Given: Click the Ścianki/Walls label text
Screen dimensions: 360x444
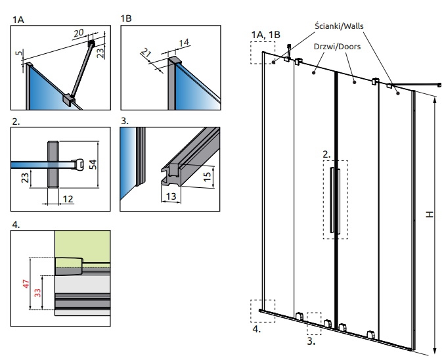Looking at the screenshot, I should pyautogui.click(x=339, y=26).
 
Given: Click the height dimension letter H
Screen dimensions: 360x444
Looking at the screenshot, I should pyautogui.click(x=430, y=214).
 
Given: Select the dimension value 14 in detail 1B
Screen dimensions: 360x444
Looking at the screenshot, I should pyautogui.click(x=184, y=43).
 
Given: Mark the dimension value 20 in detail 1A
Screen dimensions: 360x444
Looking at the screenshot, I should pyautogui.click(x=79, y=33).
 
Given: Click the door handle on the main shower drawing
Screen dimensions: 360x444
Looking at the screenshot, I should pyautogui.click(x=336, y=200).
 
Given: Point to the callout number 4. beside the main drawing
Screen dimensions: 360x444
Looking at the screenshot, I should pyautogui.click(x=256, y=329).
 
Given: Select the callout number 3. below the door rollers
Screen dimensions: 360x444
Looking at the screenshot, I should pyautogui.click(x=311, y=342).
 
